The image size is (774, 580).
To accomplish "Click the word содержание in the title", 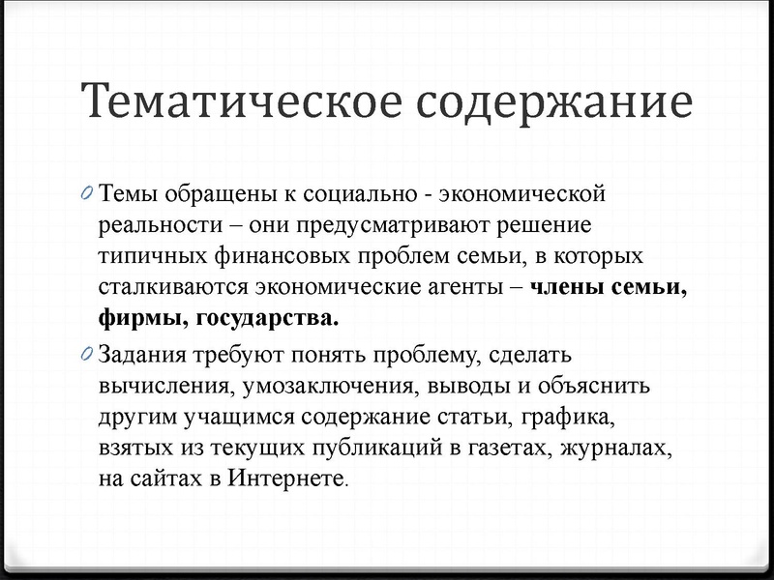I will (x=553, y=101).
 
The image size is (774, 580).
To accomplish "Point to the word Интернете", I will (x=286, y=480).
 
